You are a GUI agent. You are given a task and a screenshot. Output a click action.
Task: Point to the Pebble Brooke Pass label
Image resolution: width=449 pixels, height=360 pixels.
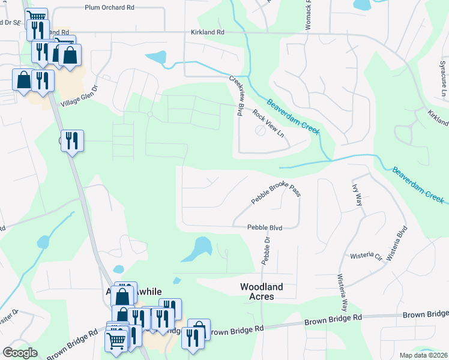point(275,195)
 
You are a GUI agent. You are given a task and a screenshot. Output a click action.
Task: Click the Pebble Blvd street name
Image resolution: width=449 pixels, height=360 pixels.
point(265,227)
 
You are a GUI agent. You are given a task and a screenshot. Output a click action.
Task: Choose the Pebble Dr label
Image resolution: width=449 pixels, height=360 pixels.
point(265,250)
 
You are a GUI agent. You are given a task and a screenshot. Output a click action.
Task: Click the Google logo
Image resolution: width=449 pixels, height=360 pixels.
point(20,353)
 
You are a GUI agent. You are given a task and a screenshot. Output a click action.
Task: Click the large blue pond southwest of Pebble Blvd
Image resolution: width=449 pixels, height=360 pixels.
point(197,248)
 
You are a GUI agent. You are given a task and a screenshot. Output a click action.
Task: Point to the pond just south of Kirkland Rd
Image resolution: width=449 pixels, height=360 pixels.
point(156,58)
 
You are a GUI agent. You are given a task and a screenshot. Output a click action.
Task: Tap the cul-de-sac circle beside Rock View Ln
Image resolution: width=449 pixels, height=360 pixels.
point(260,130)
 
